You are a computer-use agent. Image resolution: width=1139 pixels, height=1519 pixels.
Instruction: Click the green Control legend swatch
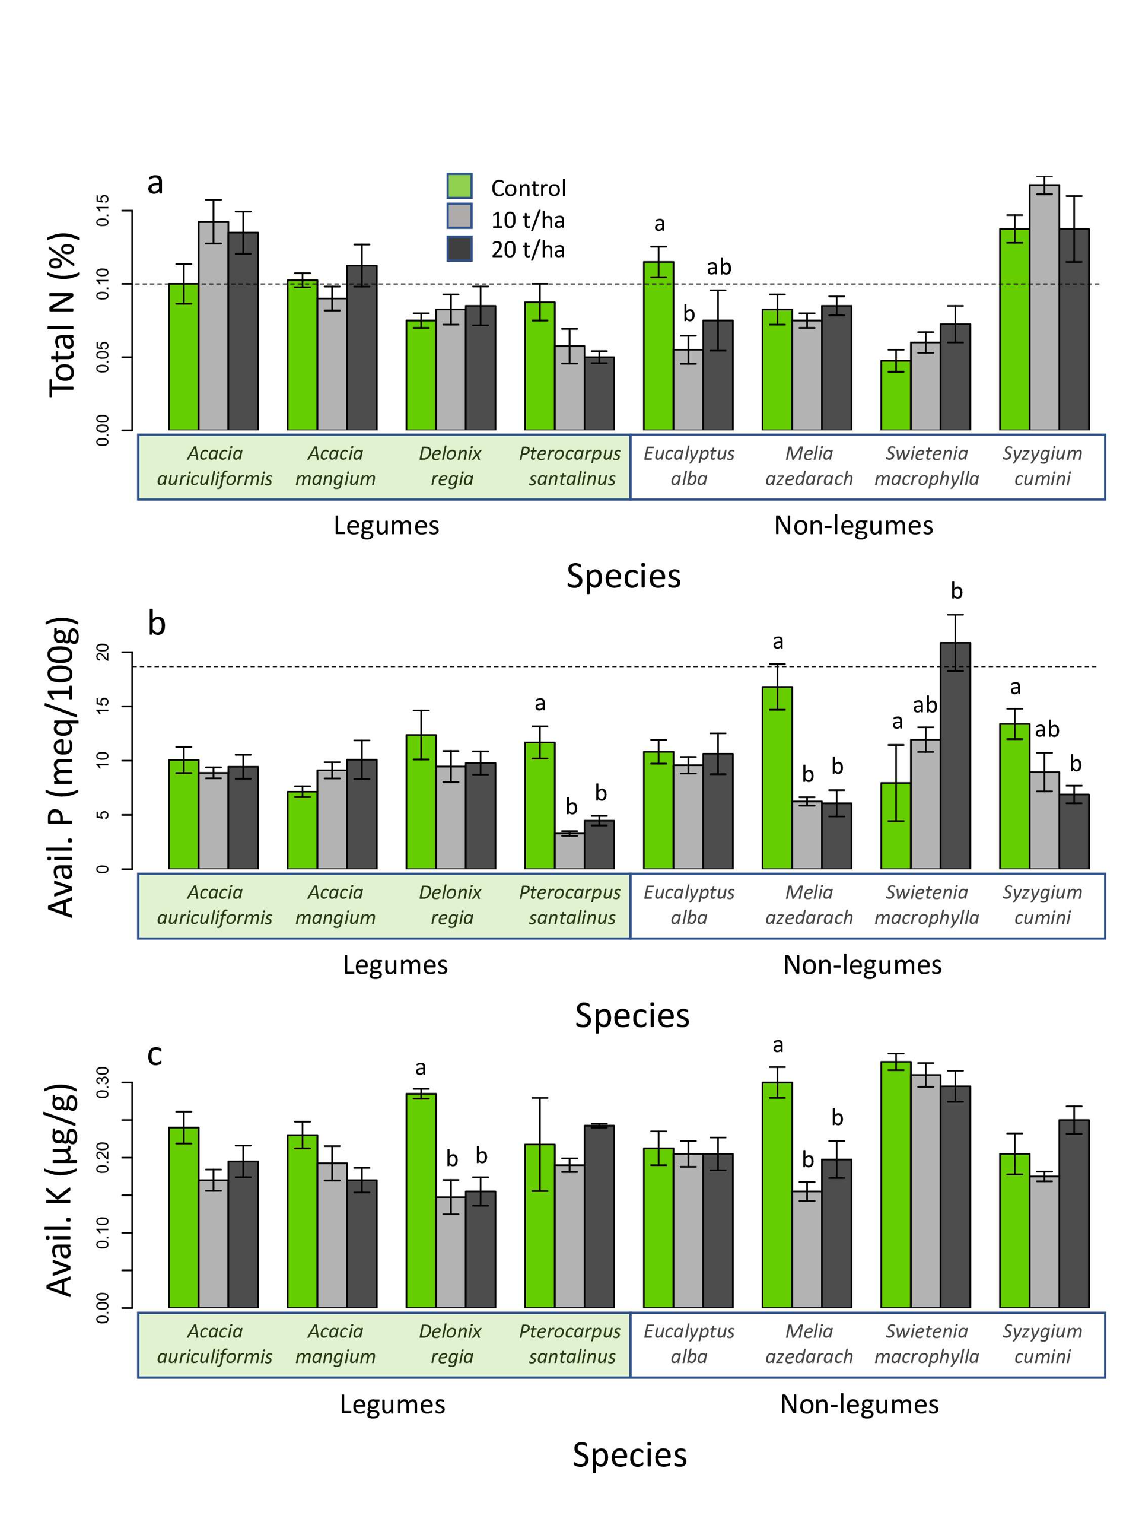pyautogui.click(x=459, y=186)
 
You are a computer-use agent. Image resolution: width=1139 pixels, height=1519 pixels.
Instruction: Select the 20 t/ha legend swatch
pyautogui.click(x=459, y=249)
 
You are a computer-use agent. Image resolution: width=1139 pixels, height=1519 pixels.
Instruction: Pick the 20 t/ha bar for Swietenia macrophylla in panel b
pyautogui.click(x=955, y=755)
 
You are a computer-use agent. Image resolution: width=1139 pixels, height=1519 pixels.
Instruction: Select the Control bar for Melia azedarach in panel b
pyautogui.click(x=777, y=777)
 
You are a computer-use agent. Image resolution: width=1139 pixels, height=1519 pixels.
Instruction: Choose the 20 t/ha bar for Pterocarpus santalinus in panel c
pyautogui.click(x=599, y=1216)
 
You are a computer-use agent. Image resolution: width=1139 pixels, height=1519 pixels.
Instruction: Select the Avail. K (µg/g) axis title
pyautogui.click(x=61, y=1190)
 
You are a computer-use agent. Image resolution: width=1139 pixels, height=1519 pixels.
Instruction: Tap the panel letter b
pyautogui.click(x=157, y=623)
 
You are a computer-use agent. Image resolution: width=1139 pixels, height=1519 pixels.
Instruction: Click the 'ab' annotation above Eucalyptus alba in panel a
pyautogui.click(x=719, y=267)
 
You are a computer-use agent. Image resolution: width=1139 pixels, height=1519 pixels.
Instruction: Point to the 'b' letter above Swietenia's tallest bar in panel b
pyautogui.click(x=956, y=591)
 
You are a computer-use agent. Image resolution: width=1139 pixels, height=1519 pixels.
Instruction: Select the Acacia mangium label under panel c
pyautogui.click(x=335, y=1344)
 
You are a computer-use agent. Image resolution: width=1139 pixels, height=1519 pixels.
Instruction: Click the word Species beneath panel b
pyautogui.click(x=632, y=1015)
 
